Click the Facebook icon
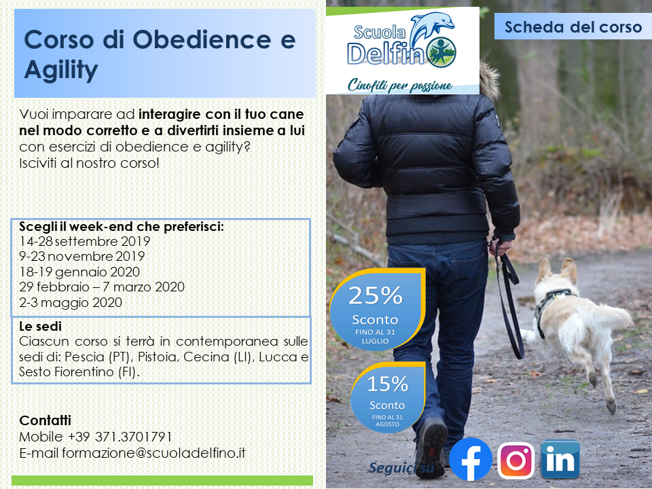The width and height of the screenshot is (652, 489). pos(471,459)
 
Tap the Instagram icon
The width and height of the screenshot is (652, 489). pos(515,460)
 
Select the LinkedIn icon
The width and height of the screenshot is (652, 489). pos(560,459)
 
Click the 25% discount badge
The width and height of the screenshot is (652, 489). pos(377,310)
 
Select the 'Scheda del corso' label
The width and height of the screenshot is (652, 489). pos(573,27)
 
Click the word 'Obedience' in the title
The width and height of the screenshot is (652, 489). pos(202,39)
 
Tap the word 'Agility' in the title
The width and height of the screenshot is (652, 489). pos(61,69)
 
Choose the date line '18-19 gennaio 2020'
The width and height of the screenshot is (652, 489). pos(79,272)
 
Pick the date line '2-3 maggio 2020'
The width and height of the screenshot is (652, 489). pos(71,302)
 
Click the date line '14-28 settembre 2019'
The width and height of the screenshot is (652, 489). pos(84,241)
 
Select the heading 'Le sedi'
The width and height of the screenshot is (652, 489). pos(40,326)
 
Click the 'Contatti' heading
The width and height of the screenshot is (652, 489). pos(46,420)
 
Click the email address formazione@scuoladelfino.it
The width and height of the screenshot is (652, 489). pos(154,453)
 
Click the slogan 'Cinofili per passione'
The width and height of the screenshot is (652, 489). pos(400,86)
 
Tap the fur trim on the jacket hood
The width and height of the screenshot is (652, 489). pos(490,81)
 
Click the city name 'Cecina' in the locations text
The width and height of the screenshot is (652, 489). pos(206,357)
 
